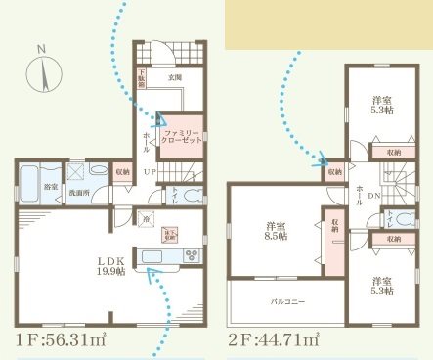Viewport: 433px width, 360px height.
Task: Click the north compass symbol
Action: tap(42, 72)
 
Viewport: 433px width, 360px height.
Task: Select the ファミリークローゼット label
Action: tap(181, 136)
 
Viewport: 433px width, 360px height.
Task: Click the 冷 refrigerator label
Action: tap(147, 220)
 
